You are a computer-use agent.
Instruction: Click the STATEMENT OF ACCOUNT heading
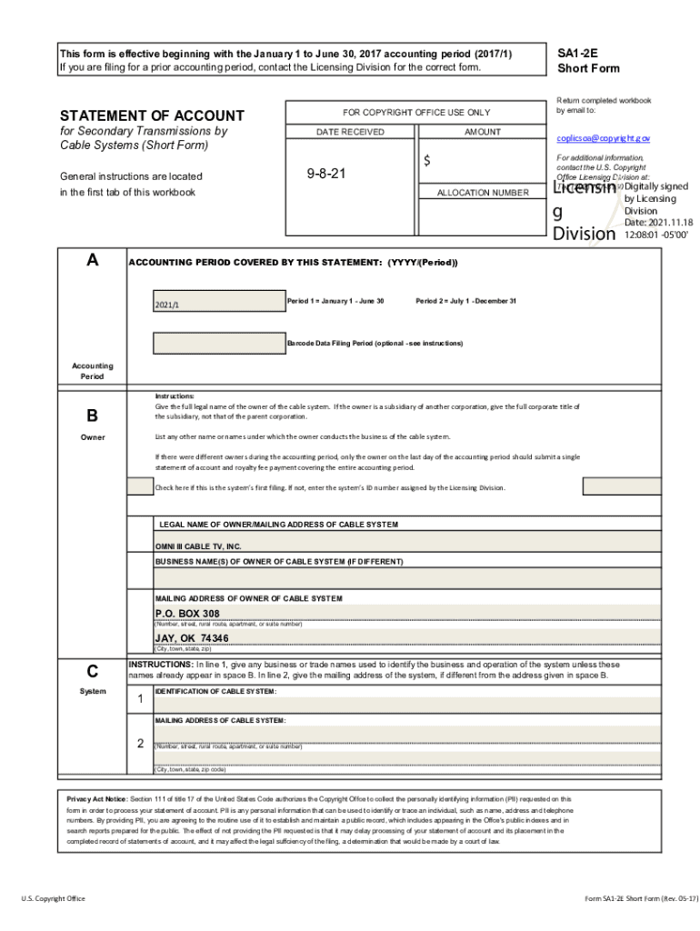click(152, 115)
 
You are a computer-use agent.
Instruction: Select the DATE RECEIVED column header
click(350, 132)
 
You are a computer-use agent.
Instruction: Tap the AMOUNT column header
click(482, 132)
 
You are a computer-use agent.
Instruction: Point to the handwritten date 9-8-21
click(327, 172)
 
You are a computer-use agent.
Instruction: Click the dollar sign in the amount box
click(426, 161)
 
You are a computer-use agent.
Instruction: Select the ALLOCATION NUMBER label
click(482, 193)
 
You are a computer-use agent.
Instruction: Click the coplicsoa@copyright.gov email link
click(603, 138)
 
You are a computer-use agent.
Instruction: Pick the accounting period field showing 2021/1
click(218, 303)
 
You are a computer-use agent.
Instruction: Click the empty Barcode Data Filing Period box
click(218, 343)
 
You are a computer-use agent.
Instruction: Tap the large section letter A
click(92, 261)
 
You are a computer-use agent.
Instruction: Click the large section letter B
click(92, 415)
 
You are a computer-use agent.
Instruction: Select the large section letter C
click(92, 672)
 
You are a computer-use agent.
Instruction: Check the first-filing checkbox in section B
click(140, 486)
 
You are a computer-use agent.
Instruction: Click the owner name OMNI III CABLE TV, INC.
click(198, 546)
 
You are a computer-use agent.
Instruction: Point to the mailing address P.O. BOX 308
click(187, 613)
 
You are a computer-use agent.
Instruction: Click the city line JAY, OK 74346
click(192, 638)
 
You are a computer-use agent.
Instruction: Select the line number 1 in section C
click(140, 699)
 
